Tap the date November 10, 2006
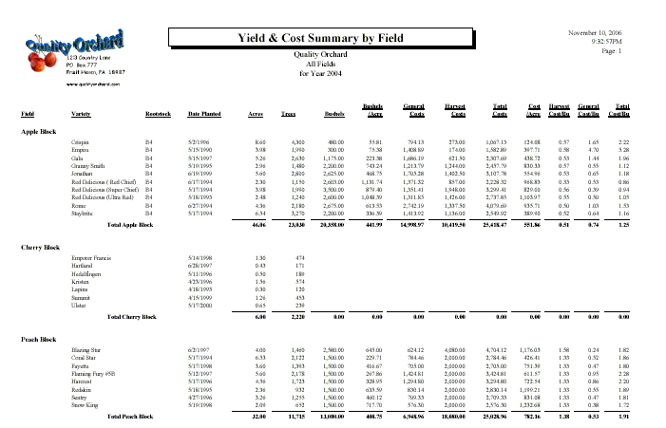pyautogui.click(x=594, y=33)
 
